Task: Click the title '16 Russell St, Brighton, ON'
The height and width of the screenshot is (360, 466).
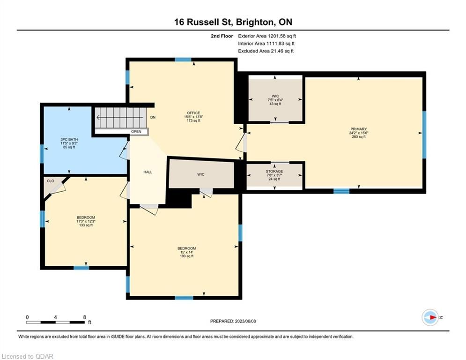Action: pos(233,22)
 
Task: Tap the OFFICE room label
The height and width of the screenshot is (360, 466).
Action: pos(193,117)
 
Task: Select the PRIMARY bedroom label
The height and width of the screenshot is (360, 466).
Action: pos(358,133)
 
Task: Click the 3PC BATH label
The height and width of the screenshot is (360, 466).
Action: pos(69,143)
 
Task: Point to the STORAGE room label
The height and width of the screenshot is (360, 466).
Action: pos(274,175)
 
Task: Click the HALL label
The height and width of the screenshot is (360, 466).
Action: pos(148,172)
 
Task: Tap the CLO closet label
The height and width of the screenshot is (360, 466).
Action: pos(51,181)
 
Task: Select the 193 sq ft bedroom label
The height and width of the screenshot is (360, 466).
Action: pos(187,252)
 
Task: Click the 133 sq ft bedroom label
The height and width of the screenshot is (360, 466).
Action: pos(86,221)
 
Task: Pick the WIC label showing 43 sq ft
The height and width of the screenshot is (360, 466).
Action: pos(275,100)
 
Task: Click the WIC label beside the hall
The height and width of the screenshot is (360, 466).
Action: pos(201,174)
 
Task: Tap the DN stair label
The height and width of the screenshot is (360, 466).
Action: pos(153,118)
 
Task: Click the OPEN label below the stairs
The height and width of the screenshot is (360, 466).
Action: pos(136,132)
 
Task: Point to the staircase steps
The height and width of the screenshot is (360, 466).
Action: pos(121,118)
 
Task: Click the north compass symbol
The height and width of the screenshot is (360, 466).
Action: pos(430,317)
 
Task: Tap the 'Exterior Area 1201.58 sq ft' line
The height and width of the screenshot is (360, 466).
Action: pos(267,36)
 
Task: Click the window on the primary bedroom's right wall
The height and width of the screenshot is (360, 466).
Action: pos(424,135)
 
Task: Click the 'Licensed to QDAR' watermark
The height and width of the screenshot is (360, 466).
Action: pos(27,356)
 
